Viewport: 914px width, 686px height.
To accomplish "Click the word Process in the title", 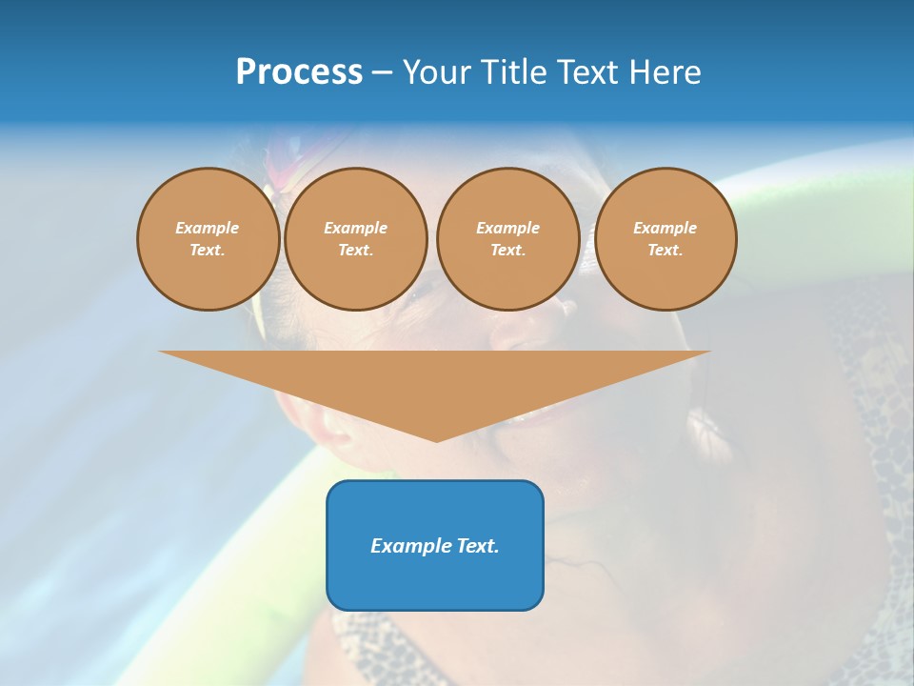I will (x=299, y=72).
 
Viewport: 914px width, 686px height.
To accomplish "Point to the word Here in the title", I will (x=666, y=72).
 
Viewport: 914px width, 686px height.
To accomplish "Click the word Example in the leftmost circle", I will (x=208, y=228).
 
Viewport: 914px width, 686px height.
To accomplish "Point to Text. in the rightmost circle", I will (x=665, y=250).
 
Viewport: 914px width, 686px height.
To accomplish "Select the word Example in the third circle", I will (x=507, y=228).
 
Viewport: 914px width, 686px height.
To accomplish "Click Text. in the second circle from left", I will (x=355, y=250).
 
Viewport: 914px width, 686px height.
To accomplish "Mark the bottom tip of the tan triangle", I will (x=436, y=440).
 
